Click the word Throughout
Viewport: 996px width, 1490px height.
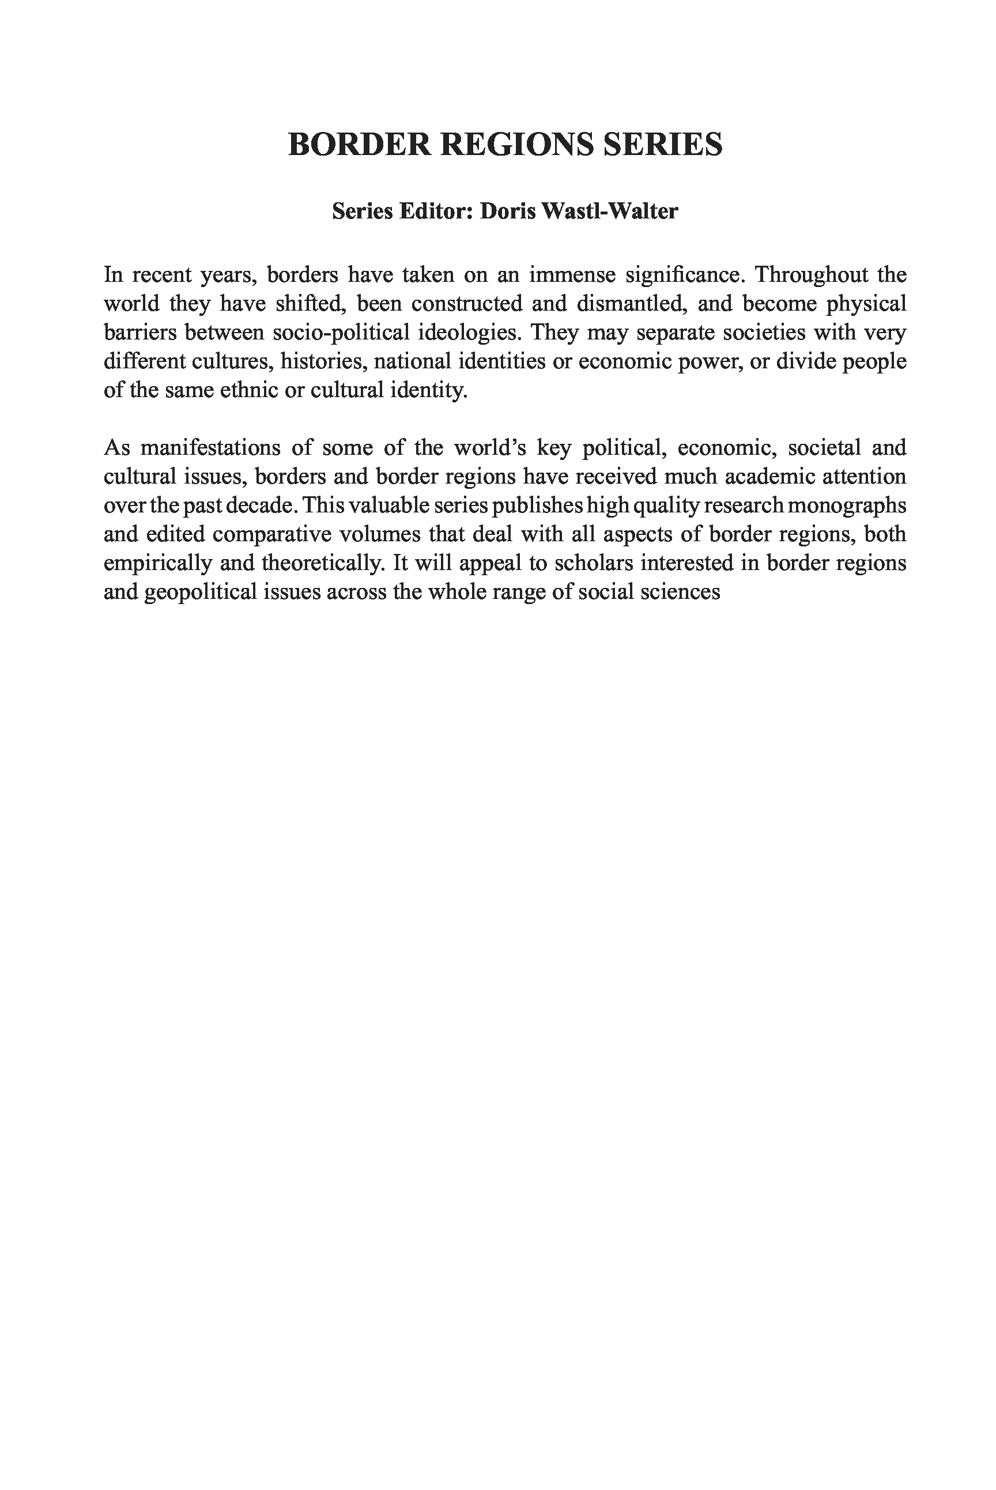tap(810, 275)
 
